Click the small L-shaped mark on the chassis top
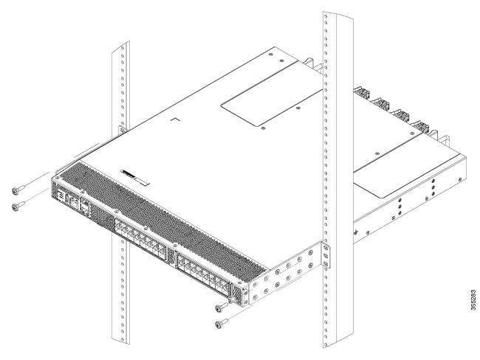click(174, 117)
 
